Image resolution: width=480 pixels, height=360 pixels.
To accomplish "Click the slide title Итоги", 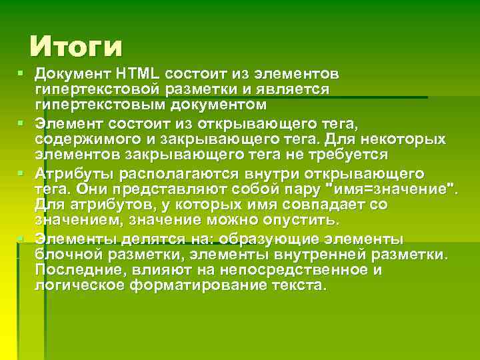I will [x=77, y=47].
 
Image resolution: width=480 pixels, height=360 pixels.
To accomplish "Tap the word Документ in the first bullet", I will [x=73, y=72].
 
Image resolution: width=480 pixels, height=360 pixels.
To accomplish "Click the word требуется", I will [x=346, y=155].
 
